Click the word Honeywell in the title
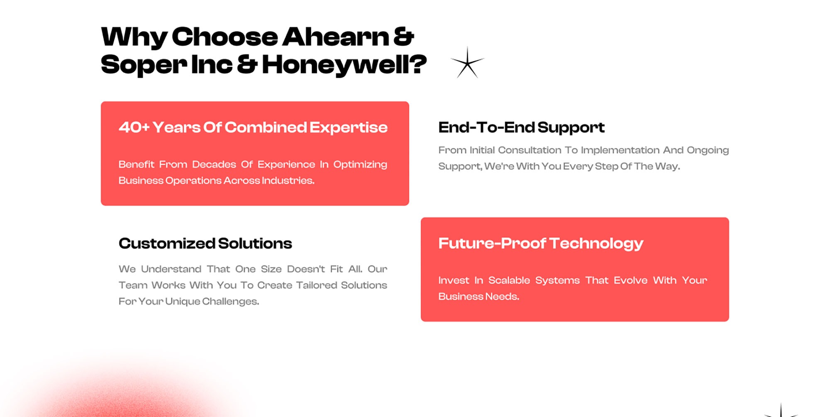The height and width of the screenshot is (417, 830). (x=344, y=65)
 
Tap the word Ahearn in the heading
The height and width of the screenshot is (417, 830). (x=336, y=37)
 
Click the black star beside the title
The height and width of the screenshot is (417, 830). (x=467, y=62)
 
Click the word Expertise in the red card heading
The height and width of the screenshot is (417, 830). (x=348, y=128)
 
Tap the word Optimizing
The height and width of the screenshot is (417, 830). (x=360, y=165)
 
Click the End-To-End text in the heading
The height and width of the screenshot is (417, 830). (x=486, y=127)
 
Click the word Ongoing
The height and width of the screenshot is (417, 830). (x=708, y=150)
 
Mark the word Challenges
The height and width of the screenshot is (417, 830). (x=230, y=302)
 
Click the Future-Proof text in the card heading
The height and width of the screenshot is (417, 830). (x=492, y=243)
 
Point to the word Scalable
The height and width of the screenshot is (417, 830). (x=509, y=280)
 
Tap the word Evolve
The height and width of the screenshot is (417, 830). (x=631, y=280)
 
